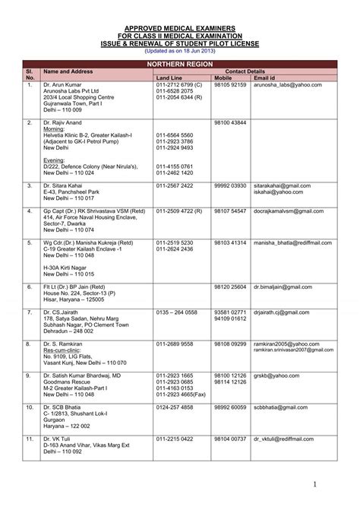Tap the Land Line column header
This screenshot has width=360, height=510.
[x=170, y=78]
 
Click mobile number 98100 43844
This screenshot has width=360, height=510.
[x=230, y=122]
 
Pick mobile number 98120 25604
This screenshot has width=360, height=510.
[x=230, y=287]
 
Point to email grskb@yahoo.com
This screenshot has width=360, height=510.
[x=276, y=376]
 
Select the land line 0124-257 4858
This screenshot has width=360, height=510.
[x=175, y=407]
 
